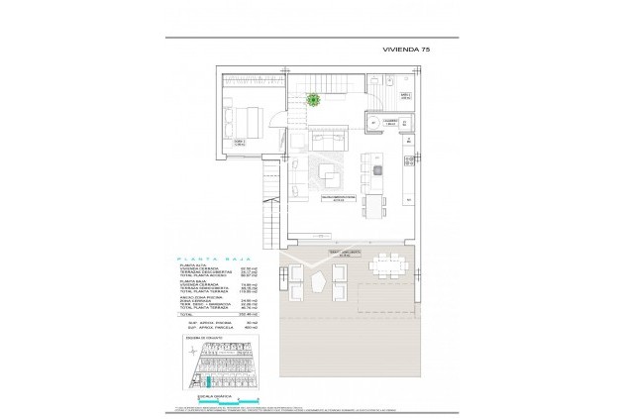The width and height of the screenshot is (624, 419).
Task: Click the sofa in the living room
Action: click(323, 140)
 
